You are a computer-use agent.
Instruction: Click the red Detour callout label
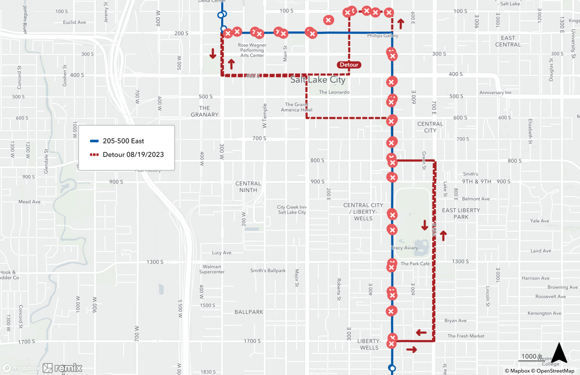(349, 65)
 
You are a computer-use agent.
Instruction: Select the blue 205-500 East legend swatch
(94, 141)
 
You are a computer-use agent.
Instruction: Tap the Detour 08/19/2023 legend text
(133, 155)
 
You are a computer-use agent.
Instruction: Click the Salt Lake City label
(318, 79)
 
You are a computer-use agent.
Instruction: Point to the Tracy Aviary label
(405, 248)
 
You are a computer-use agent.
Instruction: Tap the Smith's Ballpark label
(268, 271)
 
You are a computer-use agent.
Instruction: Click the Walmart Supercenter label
(212, 269)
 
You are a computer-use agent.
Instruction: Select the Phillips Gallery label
(383, 36)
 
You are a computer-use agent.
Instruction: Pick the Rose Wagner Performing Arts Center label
(252, 50)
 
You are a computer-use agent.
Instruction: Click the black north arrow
(559, 353)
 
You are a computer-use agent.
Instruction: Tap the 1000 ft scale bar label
(531, 356)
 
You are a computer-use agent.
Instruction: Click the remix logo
(63, 368)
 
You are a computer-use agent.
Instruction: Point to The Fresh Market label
(466, 336)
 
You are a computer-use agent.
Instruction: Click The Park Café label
(415, 264)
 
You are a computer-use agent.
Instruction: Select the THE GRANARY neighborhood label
(204, 111)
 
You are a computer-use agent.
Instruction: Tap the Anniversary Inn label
(495, 93)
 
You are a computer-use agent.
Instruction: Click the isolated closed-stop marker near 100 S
(328, 20)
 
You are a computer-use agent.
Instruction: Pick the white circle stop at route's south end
(392, 368)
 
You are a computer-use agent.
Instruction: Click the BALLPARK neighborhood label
(249, 312)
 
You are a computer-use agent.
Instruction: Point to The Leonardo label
(334, 92)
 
